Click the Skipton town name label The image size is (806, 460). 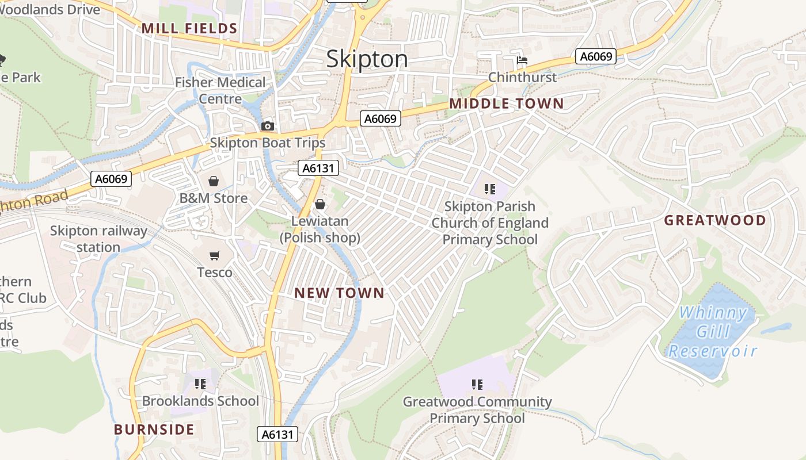pyautogui.click(x=367, y=59)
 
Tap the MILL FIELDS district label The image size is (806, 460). pyautogui.click(x=189, y=28)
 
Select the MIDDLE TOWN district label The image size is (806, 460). pyautogui.click(x=506, y=103)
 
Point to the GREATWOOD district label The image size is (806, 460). pyautogui.click(x=715, y=220)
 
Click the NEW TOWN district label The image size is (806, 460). pyautogui.click(x=339, y=293)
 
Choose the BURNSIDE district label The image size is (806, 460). pyautogui.click(x=154, y=430)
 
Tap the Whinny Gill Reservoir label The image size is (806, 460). pyautogui.click(x=713, y=332)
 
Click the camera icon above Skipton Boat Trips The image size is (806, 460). pyautogui.click(x=268, y=126)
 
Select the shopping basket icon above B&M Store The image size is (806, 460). pyautogui.click(x=214, y=182)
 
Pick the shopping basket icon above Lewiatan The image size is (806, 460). pyautogui.click(x=320, y=205)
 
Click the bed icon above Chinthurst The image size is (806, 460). pyautogui.click(x=522, y=60)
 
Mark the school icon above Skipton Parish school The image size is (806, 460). pyautogui.click(x=490, y=189)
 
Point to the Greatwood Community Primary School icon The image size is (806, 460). pyautogui.click(x=477, y=384)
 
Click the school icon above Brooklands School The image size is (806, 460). pyautogui.click(x=200, y=384)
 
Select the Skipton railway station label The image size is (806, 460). pyautogui.click(x=98, y=239)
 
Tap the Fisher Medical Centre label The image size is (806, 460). pyautogui.click(x=220, y=90)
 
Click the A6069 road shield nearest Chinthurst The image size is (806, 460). pyautogui.click(x=596, y=56)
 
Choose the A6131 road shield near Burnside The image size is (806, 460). pyautogui.click(x=277, y=435)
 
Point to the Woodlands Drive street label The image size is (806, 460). pyautogui.click(x=50, y=9)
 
